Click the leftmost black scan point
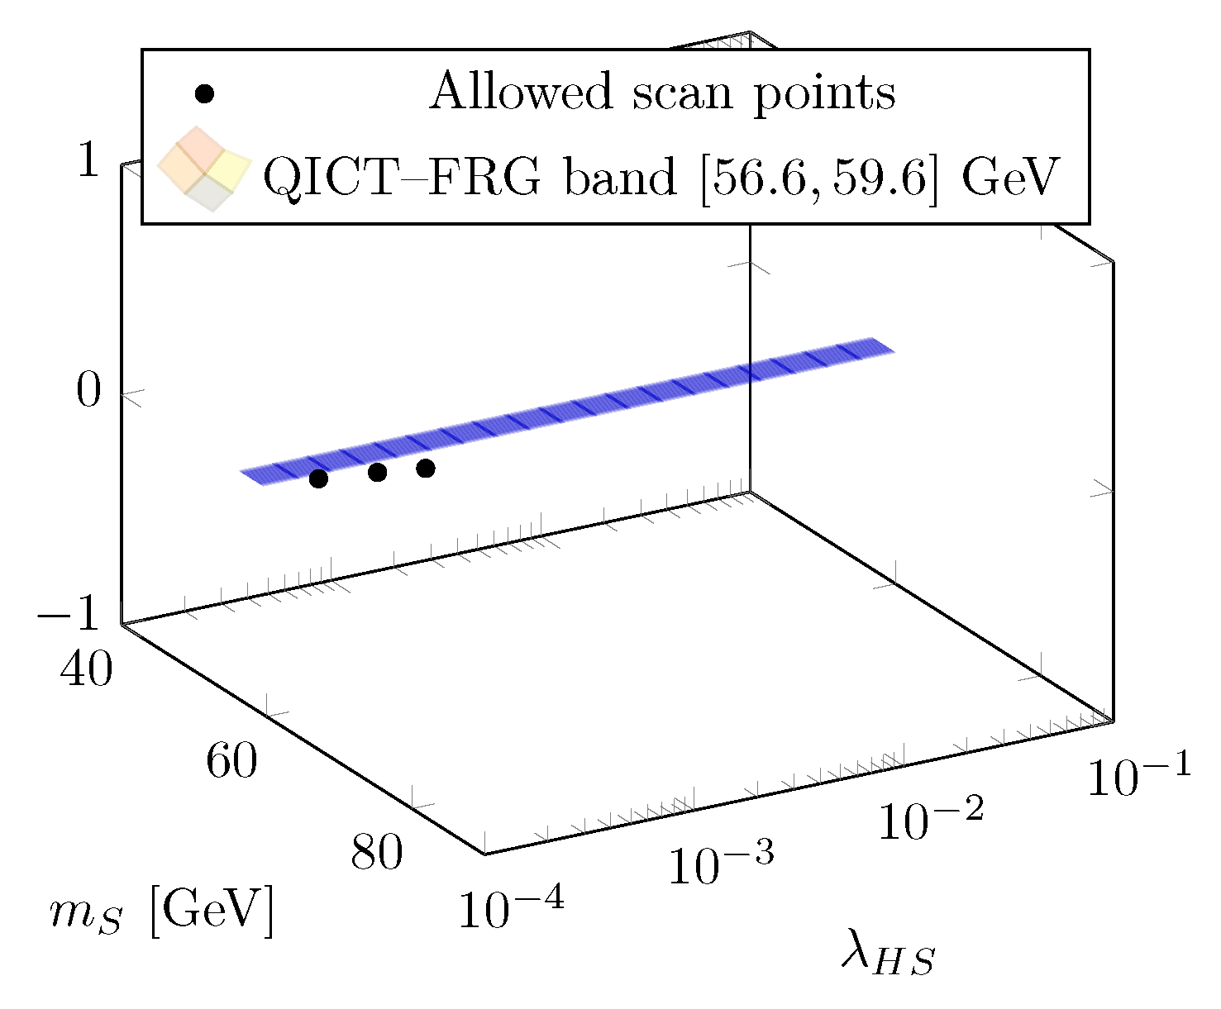318,478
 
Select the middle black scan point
378,472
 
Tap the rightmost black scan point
426,469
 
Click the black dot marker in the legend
203,93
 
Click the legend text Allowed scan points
662,92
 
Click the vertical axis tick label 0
88,390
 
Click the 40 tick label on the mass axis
86,669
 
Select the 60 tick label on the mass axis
231,760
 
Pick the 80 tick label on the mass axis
377,852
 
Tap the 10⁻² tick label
931,819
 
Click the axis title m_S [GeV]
161,914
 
